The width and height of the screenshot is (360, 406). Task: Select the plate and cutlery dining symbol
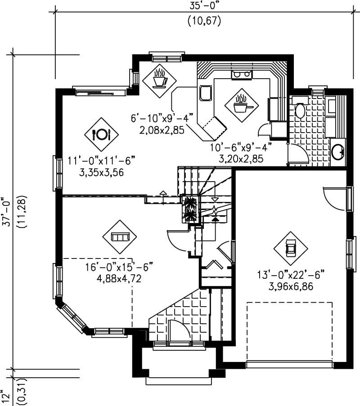tap(101, 134)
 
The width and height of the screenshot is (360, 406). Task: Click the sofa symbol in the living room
tap(120, 236)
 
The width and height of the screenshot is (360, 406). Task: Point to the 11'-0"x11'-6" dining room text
tap(102, 161)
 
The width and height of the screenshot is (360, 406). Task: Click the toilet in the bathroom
tap(300, 110)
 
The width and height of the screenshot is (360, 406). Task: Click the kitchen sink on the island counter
tap(205, 93)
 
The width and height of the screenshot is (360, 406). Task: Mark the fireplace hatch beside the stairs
tap(189, 209)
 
